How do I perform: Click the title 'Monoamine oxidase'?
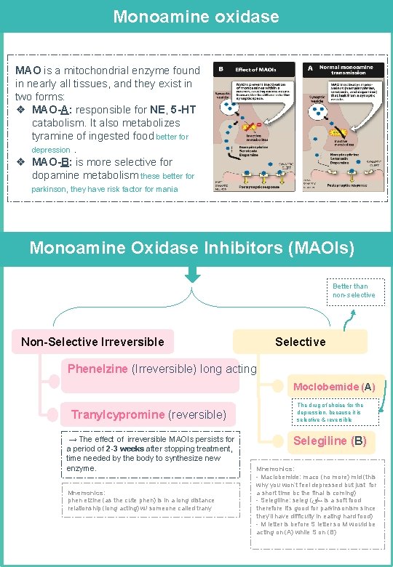point(196,16)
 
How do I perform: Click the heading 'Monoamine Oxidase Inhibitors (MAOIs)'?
point(192,248)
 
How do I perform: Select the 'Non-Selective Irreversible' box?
point(92,342)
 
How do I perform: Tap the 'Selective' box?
point(300,342)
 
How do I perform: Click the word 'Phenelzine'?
point(98,369)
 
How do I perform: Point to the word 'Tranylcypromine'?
point(118,414)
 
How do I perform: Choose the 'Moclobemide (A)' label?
point(334,387)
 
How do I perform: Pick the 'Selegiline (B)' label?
point(330,441)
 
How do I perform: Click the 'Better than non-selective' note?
point(354,291)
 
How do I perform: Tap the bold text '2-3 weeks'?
point(124,449)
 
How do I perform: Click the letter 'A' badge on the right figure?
point(309,69)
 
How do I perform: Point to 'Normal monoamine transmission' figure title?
point(346,71)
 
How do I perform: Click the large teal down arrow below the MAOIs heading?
point(192,276)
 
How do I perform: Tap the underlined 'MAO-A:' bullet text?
point(52,110)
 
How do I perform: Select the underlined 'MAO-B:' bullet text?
point(52,162)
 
